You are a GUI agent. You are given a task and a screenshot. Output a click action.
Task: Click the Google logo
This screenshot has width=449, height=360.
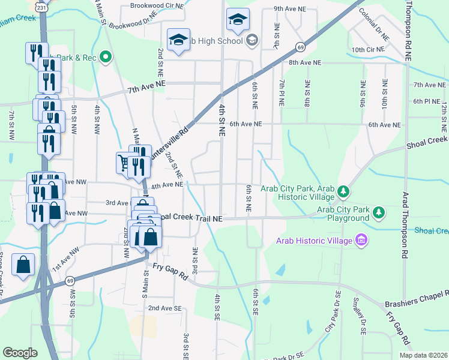pyautogui.click(x=20, y=353)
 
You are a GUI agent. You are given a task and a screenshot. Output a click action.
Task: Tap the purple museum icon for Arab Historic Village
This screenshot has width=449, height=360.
pyautogui.click(x=361, y=241)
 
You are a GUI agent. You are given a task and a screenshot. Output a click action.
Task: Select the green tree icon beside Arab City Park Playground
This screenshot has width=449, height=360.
pyautogui.click(x=379, y=212)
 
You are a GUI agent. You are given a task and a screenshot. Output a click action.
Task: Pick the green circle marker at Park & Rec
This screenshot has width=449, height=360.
pyautogui.click(x=106, y=58)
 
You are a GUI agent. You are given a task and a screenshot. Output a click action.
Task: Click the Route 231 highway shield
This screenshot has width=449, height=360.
pyautogui.click(x=41, y=7)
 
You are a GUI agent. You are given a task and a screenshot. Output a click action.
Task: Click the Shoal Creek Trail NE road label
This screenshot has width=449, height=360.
pyautogui.click(x=188, y=219)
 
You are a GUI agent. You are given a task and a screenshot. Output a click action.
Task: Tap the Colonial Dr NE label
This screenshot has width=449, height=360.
pyautogui.click(x=374, y=24)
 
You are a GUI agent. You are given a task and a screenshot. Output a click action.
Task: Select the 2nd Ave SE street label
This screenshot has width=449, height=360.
pyautogui.click(x=164, y=308)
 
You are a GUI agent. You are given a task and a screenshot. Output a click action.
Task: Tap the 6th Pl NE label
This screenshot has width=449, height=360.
pyautogui.click(x=427, y=101)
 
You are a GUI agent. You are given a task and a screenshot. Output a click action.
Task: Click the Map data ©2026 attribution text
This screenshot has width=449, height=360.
pyautogui.click(x=423, y=355)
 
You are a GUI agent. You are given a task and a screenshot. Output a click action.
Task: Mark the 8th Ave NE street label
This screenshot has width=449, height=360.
pyautogui.click(x=306, y=62)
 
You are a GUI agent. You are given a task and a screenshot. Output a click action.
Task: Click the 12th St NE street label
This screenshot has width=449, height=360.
pyautogui.click(x=445, y=117)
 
